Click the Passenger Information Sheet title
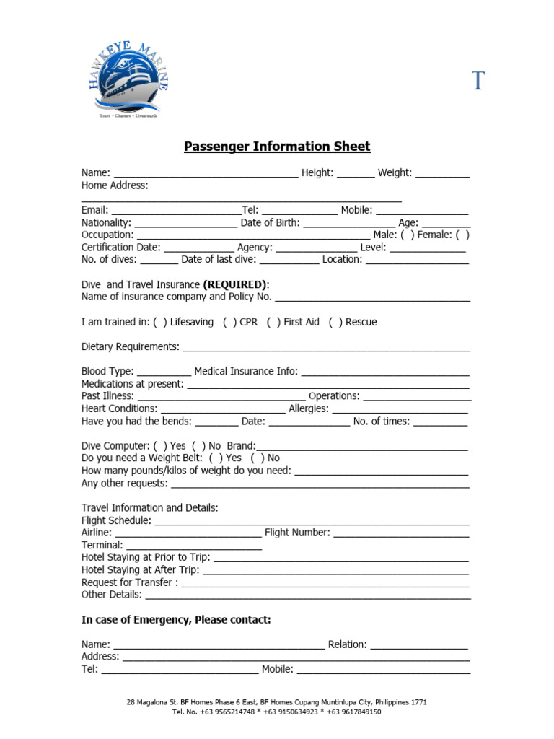tap(277, 147)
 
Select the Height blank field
tap(356, 174)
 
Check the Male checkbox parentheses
tap(408, 235)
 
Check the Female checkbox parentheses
tap(462, 235)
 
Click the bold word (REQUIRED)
tap(235, 284)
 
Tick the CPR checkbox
tap(229, 322)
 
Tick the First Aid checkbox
tap(273, 322)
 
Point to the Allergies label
tap(308, 408)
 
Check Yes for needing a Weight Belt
tap(216, 458)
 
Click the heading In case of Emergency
tap(176, 620)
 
